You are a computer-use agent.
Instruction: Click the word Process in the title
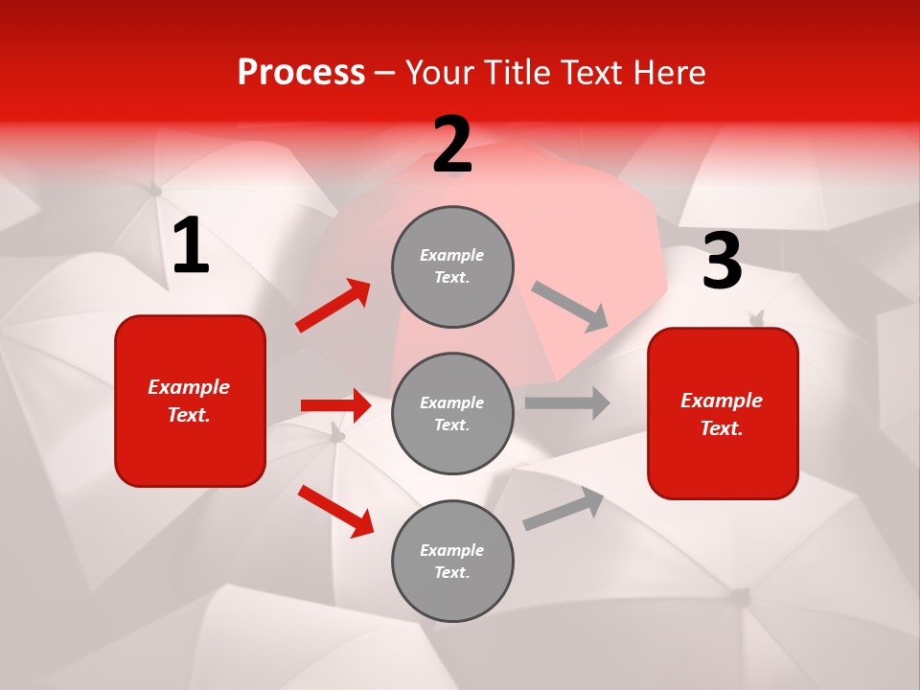(x=301, y=73)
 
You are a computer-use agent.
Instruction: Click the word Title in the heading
(x=518, y=73)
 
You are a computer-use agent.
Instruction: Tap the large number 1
(x=191, y=246)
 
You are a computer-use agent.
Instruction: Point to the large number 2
(x=452, y=145)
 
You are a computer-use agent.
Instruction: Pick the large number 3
(x=722, y=262)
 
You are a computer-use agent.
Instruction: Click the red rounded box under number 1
(x=190, y=401)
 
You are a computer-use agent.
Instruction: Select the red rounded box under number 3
(x=723, y=413)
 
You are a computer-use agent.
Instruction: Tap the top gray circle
(x=452, y=266)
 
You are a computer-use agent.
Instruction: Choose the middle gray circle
(x=452, y=413)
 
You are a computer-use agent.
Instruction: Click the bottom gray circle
(x=452, y=561)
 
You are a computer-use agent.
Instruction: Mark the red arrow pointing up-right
(x=333, y=306)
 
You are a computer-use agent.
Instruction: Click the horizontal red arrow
(x=335, y=405)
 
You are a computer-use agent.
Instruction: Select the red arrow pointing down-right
(x=335, y=511)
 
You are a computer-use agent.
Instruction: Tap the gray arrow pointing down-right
(x=570, y=307)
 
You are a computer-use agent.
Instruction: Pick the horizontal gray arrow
(x=567, y=402)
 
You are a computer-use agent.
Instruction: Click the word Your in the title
(x=439, y=73)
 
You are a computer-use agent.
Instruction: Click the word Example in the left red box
(x=189, y=387)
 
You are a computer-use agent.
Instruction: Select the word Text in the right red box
(x=721, y=428)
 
